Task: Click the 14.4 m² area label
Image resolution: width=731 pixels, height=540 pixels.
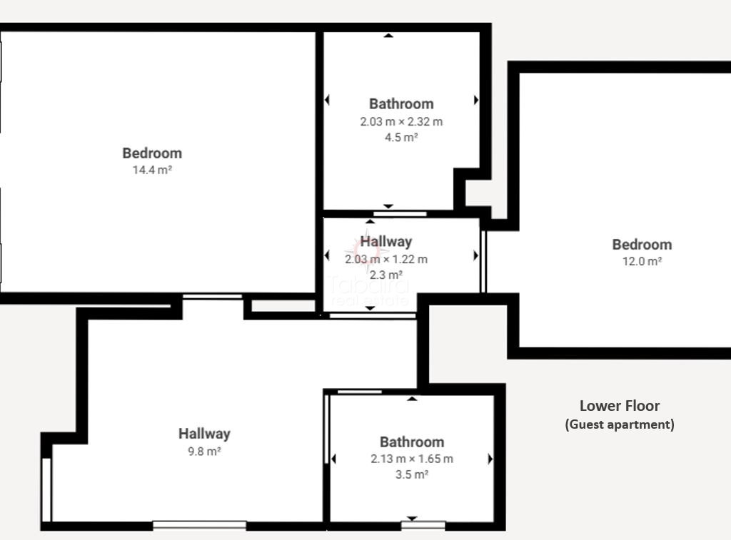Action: click(x=152, y=170)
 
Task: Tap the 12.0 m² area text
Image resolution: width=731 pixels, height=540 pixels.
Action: click(x=642, y=261)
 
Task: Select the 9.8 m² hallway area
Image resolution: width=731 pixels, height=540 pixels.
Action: click(x=204, y=452)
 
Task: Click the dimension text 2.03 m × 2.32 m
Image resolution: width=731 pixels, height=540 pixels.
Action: click(x=401, y=121)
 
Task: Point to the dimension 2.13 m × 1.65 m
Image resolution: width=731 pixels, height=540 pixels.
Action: click(x=412, y=459)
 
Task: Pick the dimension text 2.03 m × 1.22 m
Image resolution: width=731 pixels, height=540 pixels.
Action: click(x=386, y=260)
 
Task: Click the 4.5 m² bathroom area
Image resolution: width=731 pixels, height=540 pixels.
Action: click(x=401, y=138)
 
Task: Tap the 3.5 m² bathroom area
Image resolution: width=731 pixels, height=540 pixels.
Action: click(x=412, y=475)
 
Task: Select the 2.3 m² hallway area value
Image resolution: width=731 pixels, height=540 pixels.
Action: click(x=386, y=275)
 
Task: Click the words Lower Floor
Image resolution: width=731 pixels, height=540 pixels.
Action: click(x=620, y=406)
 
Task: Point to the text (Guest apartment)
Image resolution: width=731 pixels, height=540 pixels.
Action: click(x=620, y=424)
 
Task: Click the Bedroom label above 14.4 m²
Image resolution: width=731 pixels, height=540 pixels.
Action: click(x=152, y=153)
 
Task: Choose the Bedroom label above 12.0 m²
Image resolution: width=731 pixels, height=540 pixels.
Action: click(x=642, y=245)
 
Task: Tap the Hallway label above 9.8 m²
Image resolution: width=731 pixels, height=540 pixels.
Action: click(x=204, y=434)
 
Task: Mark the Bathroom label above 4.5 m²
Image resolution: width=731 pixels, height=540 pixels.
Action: click(x=401, y=104)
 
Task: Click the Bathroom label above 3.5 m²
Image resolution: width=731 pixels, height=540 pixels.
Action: click(x=412, y=442)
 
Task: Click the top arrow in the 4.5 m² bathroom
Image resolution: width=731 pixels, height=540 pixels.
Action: click(x=388, y=36)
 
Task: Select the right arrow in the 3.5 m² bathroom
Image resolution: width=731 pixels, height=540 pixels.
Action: click(x=490, y=459)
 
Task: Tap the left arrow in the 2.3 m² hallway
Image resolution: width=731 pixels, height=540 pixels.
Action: click(x=327, y=255)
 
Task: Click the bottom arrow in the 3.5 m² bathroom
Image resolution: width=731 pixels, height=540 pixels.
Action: click(x=412, y=519)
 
